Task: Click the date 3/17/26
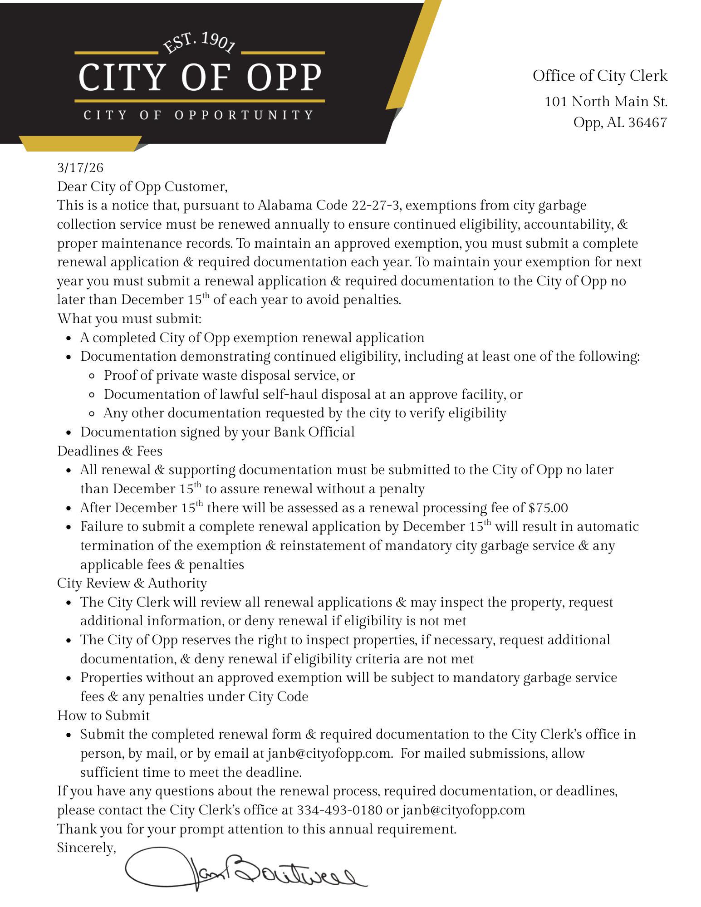click(x=80, y=168)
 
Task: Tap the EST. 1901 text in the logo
click(x=199, y=43)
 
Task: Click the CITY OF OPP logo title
click(x=200, y=77)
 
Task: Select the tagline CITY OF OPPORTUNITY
click(x=199, y=115)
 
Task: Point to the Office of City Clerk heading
click(x=599, y=76)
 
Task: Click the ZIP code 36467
click(x=647, y=123)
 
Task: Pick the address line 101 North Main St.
click(x=605, y=102)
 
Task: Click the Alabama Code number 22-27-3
click(x=376, y=206)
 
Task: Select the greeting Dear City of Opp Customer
click(x=142, y=186)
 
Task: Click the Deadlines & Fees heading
click(x=109, y=451)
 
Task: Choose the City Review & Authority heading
click(x=132, y=583)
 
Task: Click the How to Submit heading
click(x=103, y=716)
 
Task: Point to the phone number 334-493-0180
click(x=339, y=810)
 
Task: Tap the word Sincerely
click(x=86, y=848)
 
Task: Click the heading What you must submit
click(x=129, y=319)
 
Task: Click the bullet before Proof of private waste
click(x=92, y=376)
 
